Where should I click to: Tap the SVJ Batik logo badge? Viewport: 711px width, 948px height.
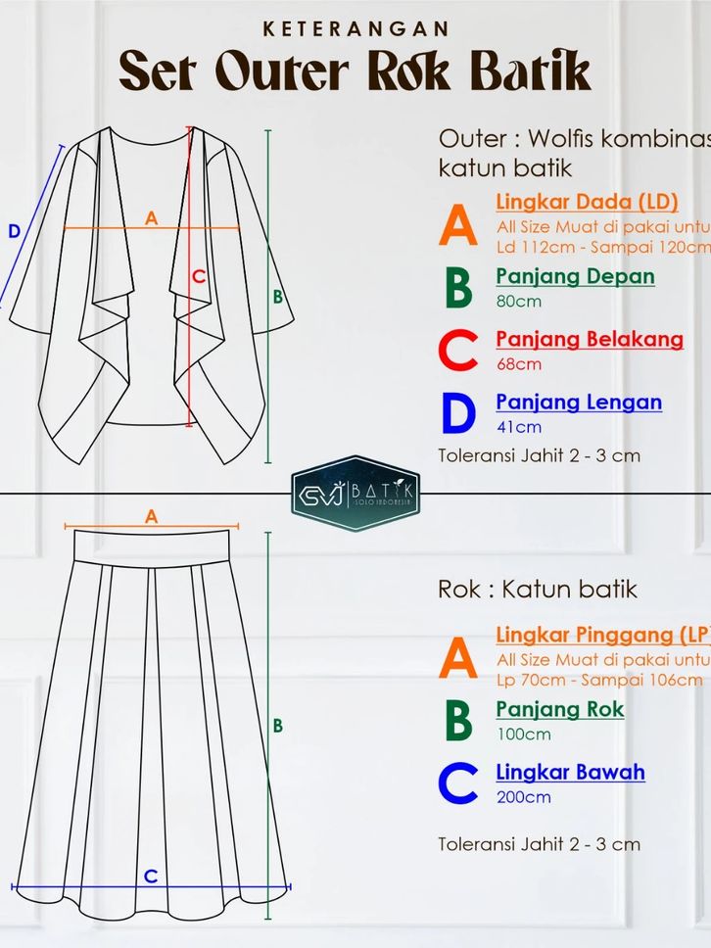[x=355, y=493]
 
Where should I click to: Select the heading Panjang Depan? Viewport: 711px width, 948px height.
[x=575, y=276]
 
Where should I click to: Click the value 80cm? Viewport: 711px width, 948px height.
[x=518, y=301]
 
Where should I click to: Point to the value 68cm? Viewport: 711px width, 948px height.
[x=518, y=363]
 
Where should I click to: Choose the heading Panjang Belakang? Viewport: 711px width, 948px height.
[x=590, y=339]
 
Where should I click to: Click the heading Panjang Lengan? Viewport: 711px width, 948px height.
[x=579, y=402]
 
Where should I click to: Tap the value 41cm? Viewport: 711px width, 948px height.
[x=518, y=426]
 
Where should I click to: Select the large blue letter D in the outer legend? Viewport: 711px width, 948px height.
[x=457, y=413]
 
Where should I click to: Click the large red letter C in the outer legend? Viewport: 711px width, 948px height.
[x=457, y=351]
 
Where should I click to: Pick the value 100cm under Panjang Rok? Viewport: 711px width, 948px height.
[x=523, y=734]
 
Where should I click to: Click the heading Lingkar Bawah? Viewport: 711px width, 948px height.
[x=570, y=772]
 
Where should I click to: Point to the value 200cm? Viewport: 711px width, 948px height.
[x=523, y=796]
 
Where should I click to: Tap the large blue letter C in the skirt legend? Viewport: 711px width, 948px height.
[x=457, y=783]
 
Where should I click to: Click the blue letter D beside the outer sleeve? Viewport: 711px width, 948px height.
[x=14, y=232]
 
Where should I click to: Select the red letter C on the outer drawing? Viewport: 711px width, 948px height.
[x=199, y=277]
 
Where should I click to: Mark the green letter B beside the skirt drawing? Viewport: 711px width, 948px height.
[x=278, y=726]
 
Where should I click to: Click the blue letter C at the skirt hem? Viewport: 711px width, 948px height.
[x=150, y=877]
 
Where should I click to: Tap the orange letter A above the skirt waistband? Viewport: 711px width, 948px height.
[x=151, y=516]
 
